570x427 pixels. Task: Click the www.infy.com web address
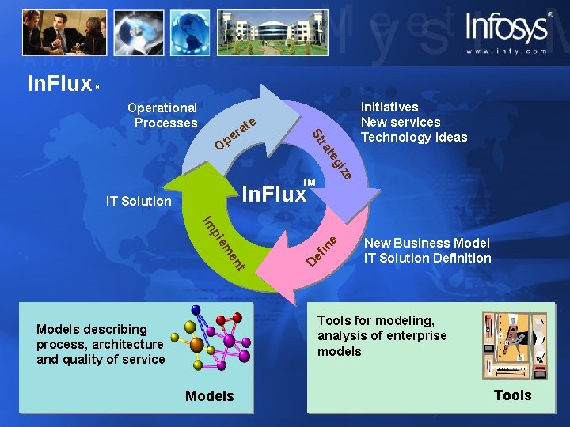click(x=506, y=51)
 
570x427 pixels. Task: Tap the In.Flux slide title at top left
click(x=60, y=83)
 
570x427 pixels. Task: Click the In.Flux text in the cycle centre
click(x=274, y=193)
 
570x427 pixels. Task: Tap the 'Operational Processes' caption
click(x=164, y=115)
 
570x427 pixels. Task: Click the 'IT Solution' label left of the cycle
click(x=139, y=201)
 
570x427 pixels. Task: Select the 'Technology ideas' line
click(x=414, y=138)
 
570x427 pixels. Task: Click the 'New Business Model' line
click(x=427, y=243)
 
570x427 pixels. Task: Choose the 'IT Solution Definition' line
click(x=427, y=258)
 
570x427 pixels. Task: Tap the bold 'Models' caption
click(x=209, y=395)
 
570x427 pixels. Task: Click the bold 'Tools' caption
click(x=512, y=395)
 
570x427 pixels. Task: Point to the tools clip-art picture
click(x=515, y=344)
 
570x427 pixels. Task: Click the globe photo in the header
click(x=188, y=32)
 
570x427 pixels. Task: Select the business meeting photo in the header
click(x=64, y=32)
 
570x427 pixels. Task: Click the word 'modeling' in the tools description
click(x=406, y=320)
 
